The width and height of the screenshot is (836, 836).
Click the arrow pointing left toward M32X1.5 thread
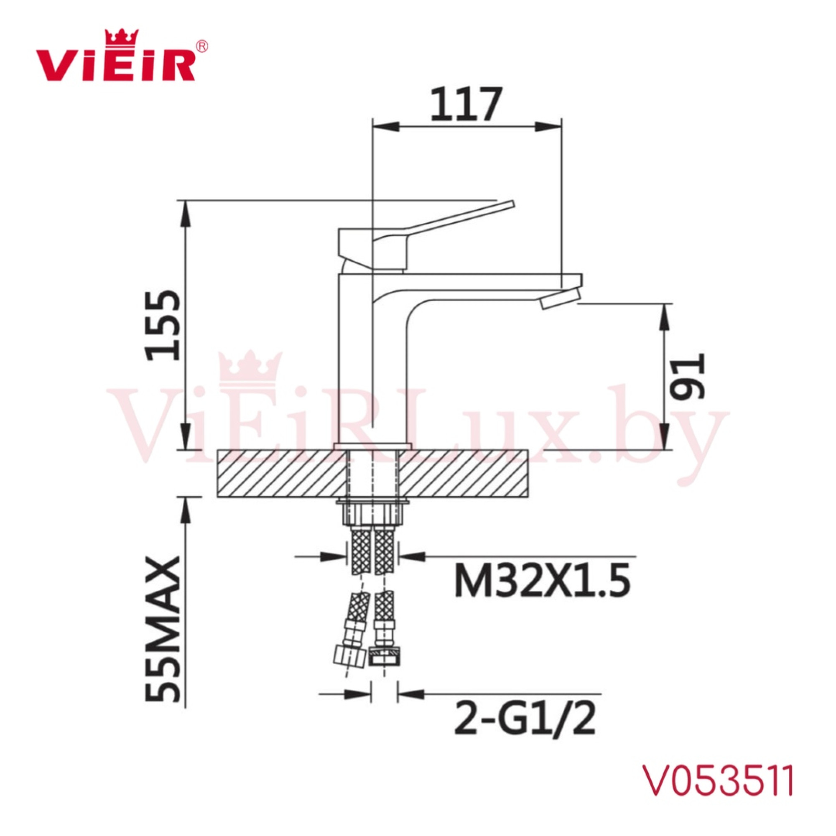tap(411, 556)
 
